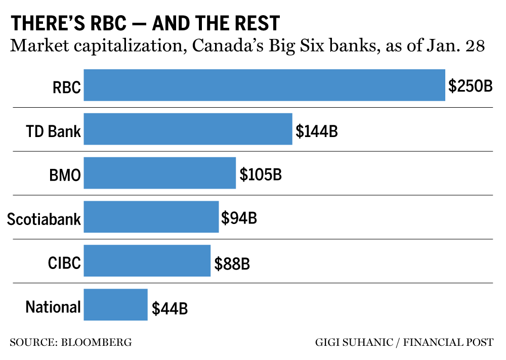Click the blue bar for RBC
click(x=264, y=85)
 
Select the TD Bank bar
click(x=188, y=129)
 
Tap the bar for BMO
click(x=159, y=173)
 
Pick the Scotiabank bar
click(x=151, y=217)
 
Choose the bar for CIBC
click(x=147, y=261)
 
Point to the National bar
click(x=115, y=305)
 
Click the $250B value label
click(x=470, y=85)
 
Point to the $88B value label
click(x=232, y=263)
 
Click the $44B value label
click(x=170, y=307)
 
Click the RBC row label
click(x=66, y=87)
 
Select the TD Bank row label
click(x=53, y=131)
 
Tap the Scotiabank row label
click(x=44, y=219)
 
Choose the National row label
click(x=53, y=307)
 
